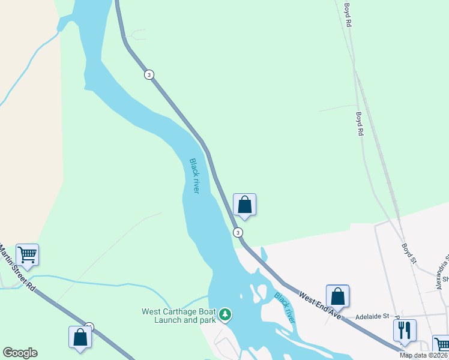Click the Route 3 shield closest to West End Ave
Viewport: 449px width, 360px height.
238,232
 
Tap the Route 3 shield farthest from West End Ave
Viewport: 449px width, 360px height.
149,74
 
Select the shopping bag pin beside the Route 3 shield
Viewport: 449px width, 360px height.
244,205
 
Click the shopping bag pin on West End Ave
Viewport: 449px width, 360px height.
337,296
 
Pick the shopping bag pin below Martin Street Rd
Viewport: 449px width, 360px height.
80,338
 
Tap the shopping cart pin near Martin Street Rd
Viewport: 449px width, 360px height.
27,255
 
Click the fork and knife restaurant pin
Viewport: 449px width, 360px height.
405,331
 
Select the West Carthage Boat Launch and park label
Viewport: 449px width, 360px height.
178,316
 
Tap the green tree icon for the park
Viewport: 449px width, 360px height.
225,314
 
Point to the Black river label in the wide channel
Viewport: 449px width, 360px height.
194,175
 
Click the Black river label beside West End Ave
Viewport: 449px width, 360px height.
285,307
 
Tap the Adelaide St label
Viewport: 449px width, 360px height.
372,316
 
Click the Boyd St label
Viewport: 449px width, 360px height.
409,252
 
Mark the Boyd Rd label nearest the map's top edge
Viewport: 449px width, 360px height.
348,16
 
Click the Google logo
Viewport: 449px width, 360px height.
20,353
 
